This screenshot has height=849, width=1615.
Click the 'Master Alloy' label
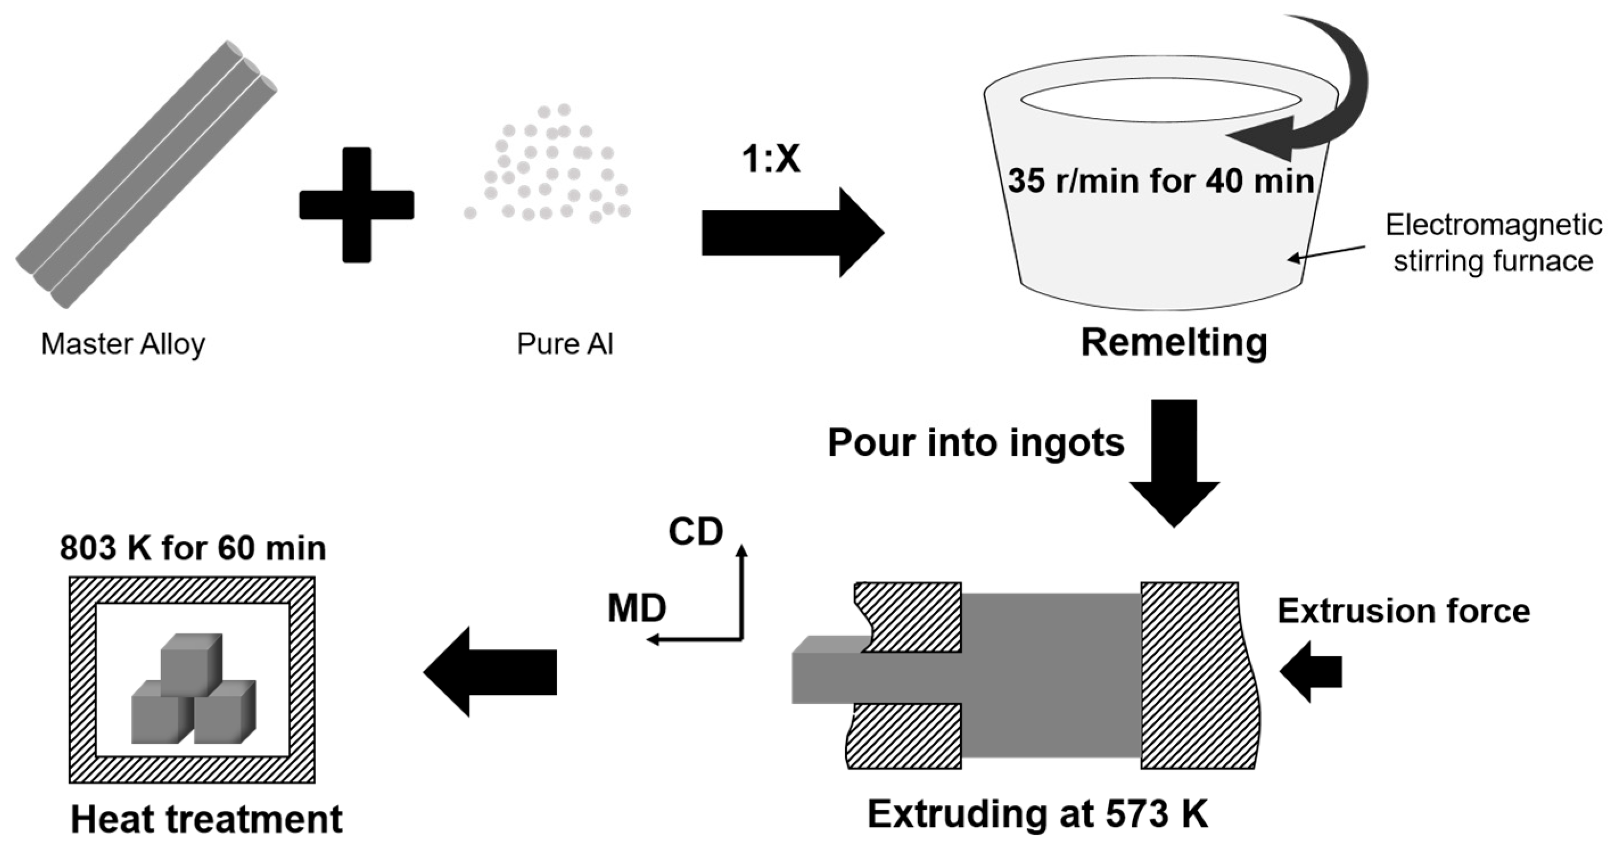click(123, 344)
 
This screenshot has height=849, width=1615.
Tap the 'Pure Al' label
click(565, 344)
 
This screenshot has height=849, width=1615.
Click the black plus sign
click(356, 204)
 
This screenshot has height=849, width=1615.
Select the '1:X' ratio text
click(771, 158)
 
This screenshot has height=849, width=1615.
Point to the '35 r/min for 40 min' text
click(1160, 180)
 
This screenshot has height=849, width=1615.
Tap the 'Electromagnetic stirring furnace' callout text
click(1493, 242)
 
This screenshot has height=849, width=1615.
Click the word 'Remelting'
click(1173, 343)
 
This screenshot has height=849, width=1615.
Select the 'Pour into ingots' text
click(975, 443)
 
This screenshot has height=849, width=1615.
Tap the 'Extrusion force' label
click(1403, 611)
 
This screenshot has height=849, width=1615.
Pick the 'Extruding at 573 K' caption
click(1037, 814)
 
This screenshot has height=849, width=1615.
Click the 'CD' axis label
click(696, 531)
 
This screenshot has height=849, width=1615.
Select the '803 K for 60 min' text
click(193, 548)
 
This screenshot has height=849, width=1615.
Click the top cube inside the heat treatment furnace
click(191, 663)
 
